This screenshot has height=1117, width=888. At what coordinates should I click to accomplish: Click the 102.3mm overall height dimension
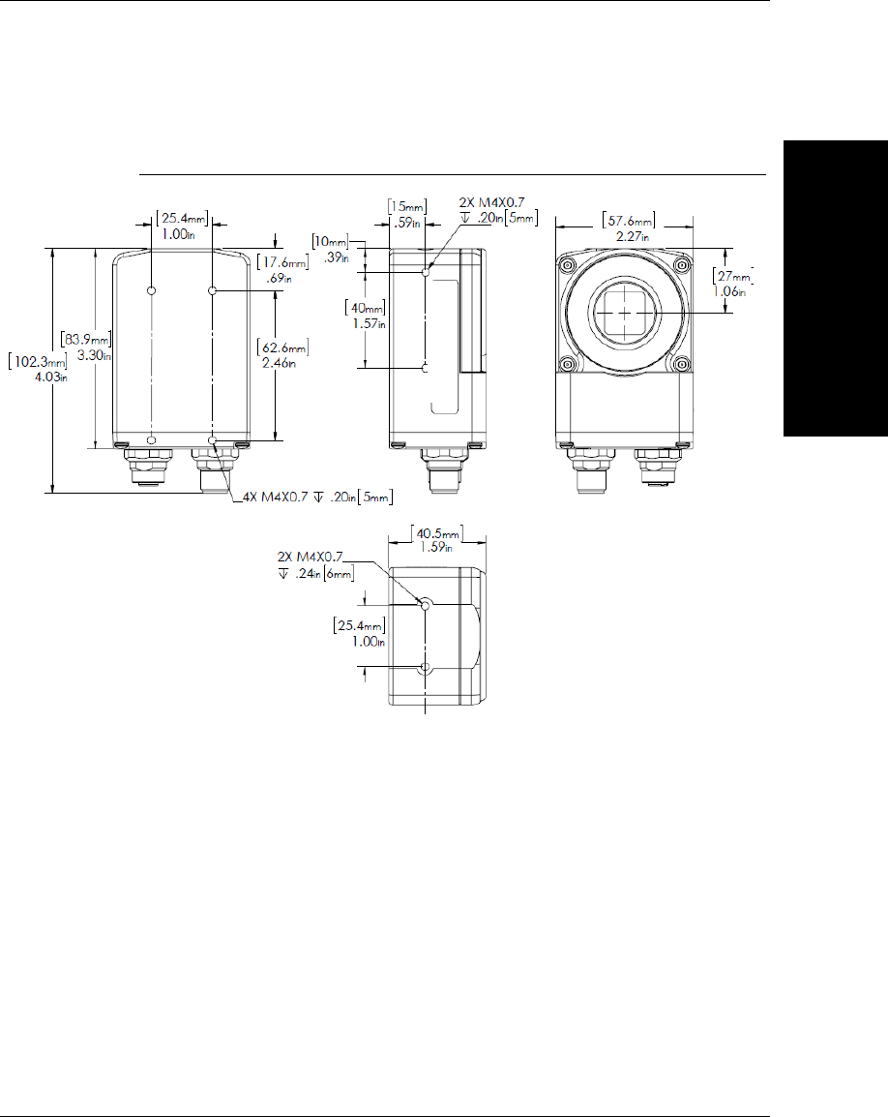(x=38, y=368)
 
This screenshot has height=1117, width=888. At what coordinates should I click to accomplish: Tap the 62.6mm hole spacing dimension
(x=282, y=355)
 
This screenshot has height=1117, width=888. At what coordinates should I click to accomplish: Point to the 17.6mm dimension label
(x=282, y=270)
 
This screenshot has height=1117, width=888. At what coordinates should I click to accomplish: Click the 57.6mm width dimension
(x=629, y=228)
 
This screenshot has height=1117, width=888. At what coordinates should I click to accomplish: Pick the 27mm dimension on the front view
(x=733, y=284)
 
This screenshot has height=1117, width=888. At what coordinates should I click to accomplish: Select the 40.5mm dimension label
(x=437, y=539)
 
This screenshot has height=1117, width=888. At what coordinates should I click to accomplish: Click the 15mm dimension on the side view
(x=406, y=215)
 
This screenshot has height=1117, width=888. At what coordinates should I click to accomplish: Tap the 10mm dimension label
(x=331, y=249)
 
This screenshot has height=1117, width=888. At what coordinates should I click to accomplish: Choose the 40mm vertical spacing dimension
(x=366, y=315)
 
